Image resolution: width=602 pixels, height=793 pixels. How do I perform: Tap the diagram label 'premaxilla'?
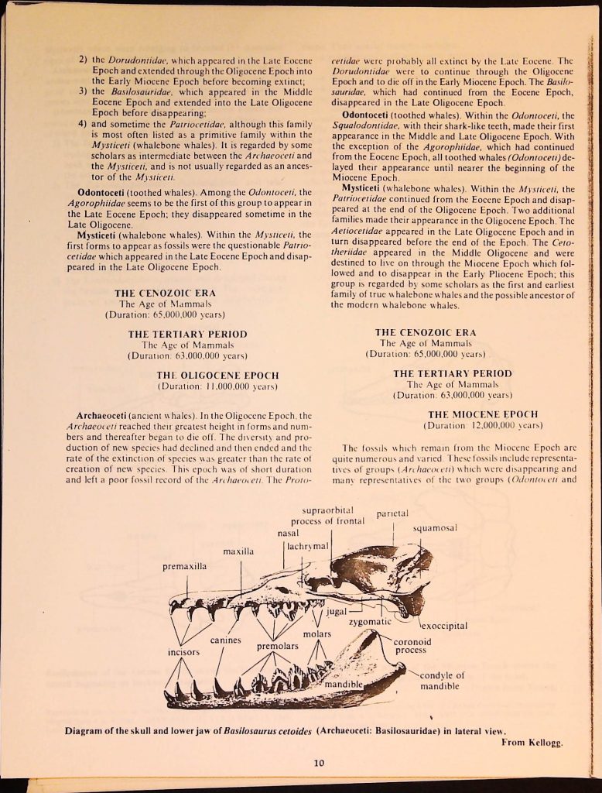(x=184, y=567)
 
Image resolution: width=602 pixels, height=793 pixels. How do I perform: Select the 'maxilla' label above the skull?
(x=239, y=551)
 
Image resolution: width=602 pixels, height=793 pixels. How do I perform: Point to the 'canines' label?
(x=227, y=640)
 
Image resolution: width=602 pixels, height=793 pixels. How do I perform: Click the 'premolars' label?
(x=278, y=646)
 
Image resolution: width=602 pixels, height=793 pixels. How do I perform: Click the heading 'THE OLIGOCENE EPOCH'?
(x=217, y=375)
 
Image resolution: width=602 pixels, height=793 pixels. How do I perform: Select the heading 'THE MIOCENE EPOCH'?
(x=482, y=414)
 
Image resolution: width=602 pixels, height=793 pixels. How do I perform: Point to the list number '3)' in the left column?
(x=84, y=91)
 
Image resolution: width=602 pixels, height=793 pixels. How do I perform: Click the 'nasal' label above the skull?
(x=289, y=533)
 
